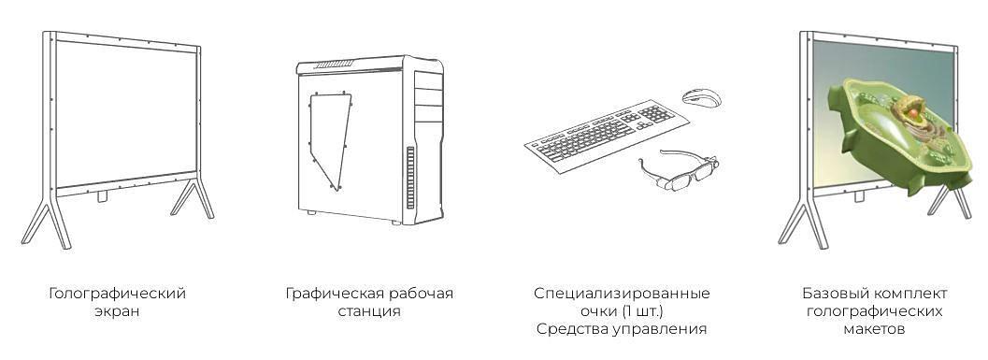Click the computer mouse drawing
tap(701, 96)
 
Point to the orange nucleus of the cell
tap(908, 110)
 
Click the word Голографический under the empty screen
tap(117, 294)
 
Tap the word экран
tap(117, 311)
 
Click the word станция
tap(369, 311)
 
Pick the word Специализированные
tap(622, 294)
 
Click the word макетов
tap(873, 329)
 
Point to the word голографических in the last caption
tap(873, 311)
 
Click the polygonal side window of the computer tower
tap(328, 136)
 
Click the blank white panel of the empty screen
tap(126, 112)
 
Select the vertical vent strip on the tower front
tap(409, 178)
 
